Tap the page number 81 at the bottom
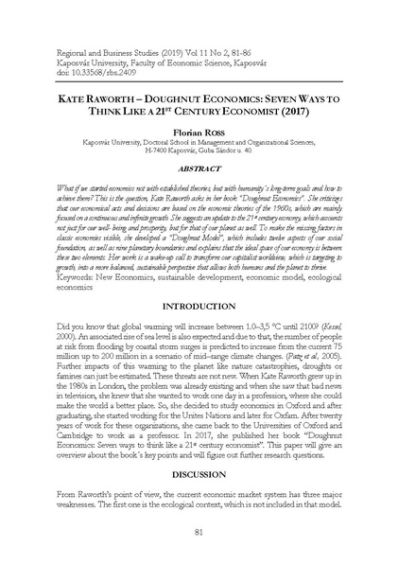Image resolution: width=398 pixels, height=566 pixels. [199, 531]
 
